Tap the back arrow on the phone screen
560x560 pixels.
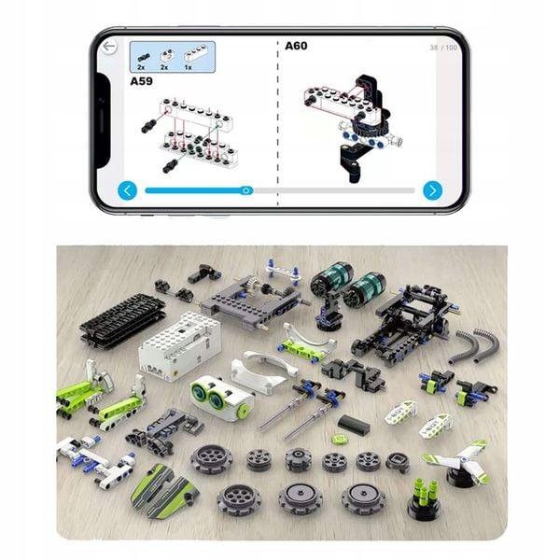pos(110,46)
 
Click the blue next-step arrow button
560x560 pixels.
pos(431,190)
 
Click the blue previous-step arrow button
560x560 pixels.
pos(129,190)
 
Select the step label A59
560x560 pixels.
pos(142,80)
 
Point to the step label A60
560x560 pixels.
pos(296,45)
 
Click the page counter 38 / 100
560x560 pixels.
pos(443,47)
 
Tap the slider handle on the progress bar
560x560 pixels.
pos(246,190)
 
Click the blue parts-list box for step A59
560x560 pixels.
pos(172,56)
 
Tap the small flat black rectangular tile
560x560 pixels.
pos(350,422)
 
